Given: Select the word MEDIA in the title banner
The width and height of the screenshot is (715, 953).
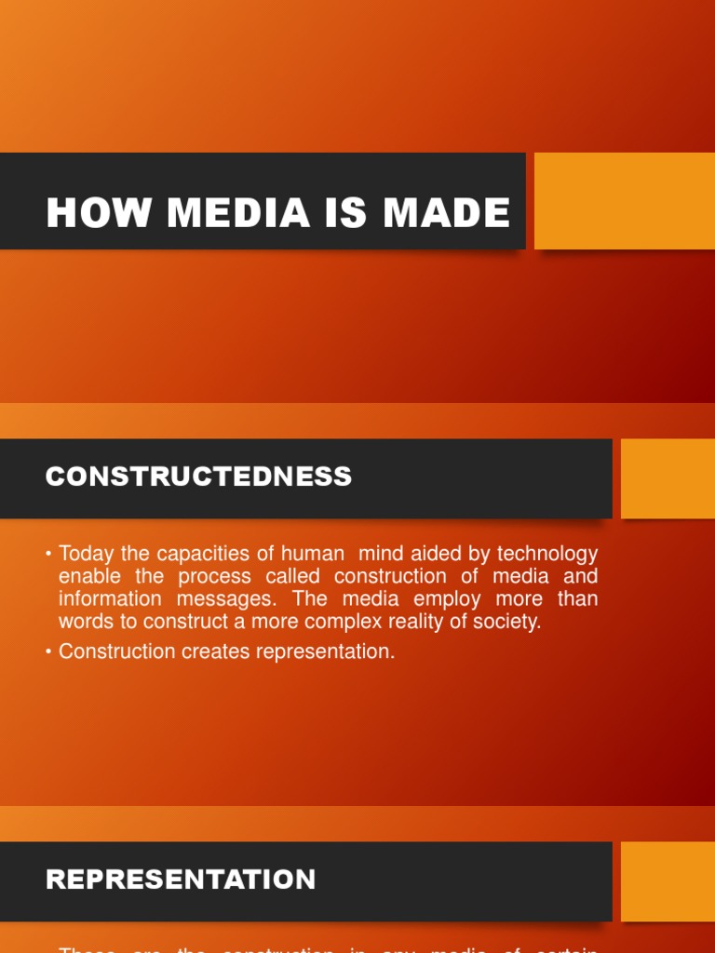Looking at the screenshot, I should [239, 213].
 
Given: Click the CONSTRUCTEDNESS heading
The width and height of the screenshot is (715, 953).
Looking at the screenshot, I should [199, 476].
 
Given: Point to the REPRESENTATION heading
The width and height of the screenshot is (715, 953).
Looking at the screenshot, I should [182, 879].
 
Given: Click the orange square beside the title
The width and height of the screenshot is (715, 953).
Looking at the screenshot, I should [624, 201].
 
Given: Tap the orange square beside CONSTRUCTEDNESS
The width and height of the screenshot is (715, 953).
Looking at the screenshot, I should [668, 478].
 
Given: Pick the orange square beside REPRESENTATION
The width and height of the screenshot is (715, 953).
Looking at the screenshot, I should [668, 881].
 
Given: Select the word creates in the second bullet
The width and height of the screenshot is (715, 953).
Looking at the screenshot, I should [214, 651].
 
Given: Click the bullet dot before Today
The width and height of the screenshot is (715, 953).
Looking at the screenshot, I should [48, 555].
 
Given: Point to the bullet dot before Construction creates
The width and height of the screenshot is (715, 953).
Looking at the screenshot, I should [48, 651].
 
